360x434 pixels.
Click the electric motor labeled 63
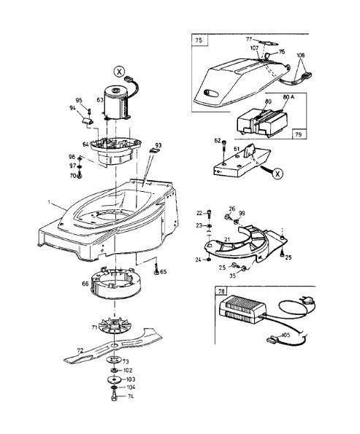coord(116,103)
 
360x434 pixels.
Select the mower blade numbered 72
coord(113,346)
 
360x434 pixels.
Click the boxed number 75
coord(199,40)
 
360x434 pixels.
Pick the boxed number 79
coord(299,134)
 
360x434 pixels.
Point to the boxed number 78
coord(221,291)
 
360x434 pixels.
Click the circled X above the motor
coord(120,72)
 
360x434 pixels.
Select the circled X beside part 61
coord(277,174)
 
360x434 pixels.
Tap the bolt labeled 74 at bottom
coord(113,396)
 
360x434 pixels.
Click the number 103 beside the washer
coord(131,379)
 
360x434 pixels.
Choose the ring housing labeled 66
coord(115,283)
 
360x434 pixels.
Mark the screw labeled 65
coord(156,270)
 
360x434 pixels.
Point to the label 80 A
coord(288,97)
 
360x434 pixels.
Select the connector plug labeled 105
coord(272,338)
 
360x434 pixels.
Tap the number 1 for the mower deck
coord(50,202)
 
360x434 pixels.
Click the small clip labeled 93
coord(154,150)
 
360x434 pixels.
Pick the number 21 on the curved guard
coord(227,240)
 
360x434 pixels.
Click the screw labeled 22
coord(209,214)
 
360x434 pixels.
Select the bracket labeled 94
coord(88,121)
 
